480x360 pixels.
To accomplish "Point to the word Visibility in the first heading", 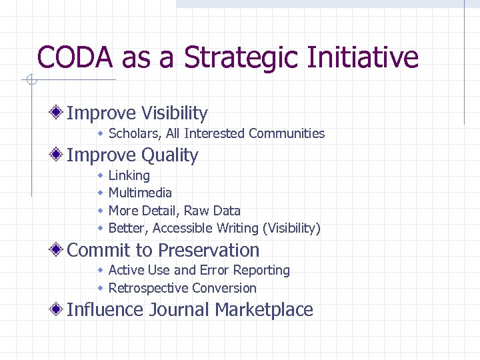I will [x=172, y=113].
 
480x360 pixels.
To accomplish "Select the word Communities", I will [x=287, y=133].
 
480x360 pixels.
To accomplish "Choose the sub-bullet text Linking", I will [x=129, y=175].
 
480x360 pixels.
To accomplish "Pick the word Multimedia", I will [x=140, y=193].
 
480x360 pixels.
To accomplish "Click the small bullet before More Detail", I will [x=99, y=211].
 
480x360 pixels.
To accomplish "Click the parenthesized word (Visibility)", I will [x=291, y=228].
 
